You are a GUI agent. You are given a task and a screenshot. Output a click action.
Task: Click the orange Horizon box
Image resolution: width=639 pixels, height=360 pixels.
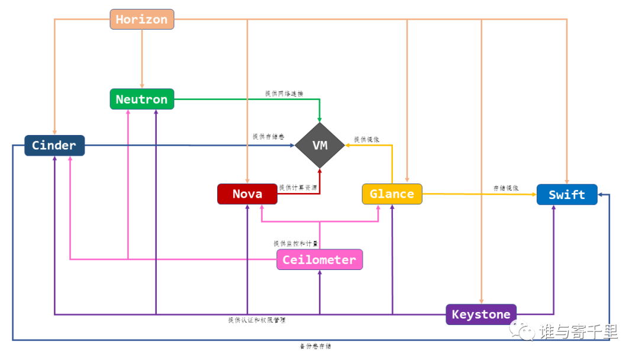pyautogui.click(x=142, y=20)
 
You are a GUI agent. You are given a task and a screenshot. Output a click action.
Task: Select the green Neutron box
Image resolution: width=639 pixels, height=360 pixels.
pyautogui.click(x=142, y=99)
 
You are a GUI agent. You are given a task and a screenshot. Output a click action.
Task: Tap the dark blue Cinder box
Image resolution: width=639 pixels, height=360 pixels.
pyautogui.click(x=54, y=146)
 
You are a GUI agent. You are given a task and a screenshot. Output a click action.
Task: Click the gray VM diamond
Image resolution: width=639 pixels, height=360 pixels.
pyautogui.click(x=319, y=146)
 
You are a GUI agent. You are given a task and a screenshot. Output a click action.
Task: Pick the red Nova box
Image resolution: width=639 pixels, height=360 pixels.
pyautogui.click(x=247, y=194)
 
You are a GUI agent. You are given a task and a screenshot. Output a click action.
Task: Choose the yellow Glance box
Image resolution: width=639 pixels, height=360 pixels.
pyautogui.click(x=392, y=194)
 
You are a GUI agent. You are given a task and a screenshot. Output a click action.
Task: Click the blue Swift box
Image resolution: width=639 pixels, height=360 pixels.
pyautogui.click(x=567, y=195)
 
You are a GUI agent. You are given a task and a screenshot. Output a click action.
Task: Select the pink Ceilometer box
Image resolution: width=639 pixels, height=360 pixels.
pyautogui.click(x=319, y=260)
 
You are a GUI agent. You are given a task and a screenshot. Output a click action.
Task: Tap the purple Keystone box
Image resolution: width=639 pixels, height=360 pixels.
pyautogui.click(x=481, y=314)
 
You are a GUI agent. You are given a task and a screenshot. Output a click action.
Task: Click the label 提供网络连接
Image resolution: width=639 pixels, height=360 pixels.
pyautogui.click(x=284, y=94)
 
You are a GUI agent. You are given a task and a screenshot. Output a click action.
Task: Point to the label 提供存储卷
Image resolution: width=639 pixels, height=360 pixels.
pyautogui.click(x=264, y=137)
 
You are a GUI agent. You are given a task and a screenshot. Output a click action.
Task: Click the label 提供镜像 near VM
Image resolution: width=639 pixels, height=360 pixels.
pyautogui.click(x=367, y=140)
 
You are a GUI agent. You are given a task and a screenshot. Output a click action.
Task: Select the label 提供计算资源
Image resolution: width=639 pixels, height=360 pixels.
pyautogui.click(x=298, y=188)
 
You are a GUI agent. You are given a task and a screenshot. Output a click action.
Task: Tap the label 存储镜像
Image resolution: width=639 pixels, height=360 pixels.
pyautogui.click(x=506, y=188)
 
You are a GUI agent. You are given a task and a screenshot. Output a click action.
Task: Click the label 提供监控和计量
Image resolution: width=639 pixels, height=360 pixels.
pyautogui.click(x=295, y=243)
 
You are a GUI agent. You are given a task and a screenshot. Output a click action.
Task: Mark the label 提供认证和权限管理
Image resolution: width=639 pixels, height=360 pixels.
pyautogui.click(x=257, y=320)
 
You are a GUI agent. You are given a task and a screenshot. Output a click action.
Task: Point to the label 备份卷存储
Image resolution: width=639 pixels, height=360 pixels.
pyautogui.click(x=315, y=346)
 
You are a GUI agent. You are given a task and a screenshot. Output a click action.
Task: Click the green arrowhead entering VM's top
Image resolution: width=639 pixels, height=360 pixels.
pyautogui.click(x=319, y=119)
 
